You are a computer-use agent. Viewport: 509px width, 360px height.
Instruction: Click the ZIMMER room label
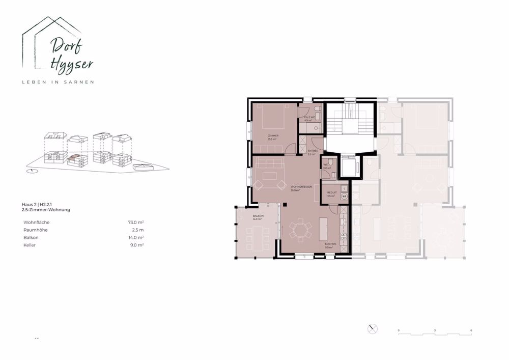click(x=273, y=135)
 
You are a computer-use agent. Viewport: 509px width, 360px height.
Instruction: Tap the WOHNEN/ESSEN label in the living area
click(x=301, y=187)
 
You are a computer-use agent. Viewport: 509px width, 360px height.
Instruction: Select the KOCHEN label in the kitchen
click(x=330, y=244)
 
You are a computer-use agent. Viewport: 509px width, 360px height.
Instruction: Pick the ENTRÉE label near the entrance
click(x=313, y=151)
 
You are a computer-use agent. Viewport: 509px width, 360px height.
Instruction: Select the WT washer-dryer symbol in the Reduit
click(x=344, y=196)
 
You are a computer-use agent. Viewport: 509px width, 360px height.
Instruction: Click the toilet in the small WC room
click(x=330, y=162)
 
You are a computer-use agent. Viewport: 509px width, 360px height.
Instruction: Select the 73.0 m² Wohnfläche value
click(x=136, y=223)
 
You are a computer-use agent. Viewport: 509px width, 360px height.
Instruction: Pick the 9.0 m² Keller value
click(x=137, y=245)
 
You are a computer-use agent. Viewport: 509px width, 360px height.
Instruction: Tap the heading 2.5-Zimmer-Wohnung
click(x=46, y=210)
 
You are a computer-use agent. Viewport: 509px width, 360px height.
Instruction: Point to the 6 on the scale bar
click(x=472, y=330)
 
